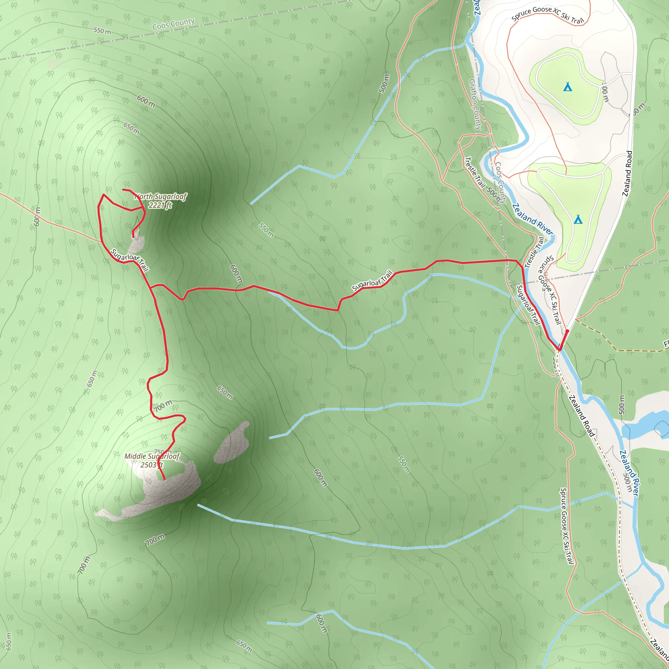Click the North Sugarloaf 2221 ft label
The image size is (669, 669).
160,201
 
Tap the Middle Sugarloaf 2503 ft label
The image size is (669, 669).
152,461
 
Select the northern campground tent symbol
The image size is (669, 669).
567,87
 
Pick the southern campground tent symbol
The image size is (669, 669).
578,219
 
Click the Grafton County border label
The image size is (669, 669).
475,104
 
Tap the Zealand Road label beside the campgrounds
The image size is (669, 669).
627,173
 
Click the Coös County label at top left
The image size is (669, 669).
173,24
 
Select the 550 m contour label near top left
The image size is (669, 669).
102,31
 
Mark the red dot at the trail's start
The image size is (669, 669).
567,331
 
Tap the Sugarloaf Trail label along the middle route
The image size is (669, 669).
372,281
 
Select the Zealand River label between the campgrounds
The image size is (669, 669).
532,219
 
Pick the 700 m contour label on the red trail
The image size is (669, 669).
163,406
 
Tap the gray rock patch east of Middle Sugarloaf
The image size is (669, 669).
232,443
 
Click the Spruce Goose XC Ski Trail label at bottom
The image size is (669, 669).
566,526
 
